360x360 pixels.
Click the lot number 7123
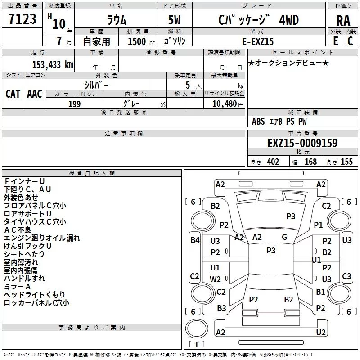coord(22,19)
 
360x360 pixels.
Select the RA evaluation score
coord(343,21)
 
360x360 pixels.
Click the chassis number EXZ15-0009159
coord(302,143)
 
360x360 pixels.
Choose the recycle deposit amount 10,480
coord(223,104)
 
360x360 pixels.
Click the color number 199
coord(74,104)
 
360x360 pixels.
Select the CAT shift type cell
coord(13,94)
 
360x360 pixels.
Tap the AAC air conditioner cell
coord(34,94)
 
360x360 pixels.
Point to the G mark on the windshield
coord(284,237)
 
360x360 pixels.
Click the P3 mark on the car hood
coord(291,216)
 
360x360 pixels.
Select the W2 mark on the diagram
coord(215,279)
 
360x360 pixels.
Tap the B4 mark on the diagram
coord(194,240)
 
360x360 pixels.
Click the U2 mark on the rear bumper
coord(320,332)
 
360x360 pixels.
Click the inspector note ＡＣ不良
coord(18,230)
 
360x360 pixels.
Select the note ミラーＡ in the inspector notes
coord(18,287)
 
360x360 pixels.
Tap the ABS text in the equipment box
coord(258,121)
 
